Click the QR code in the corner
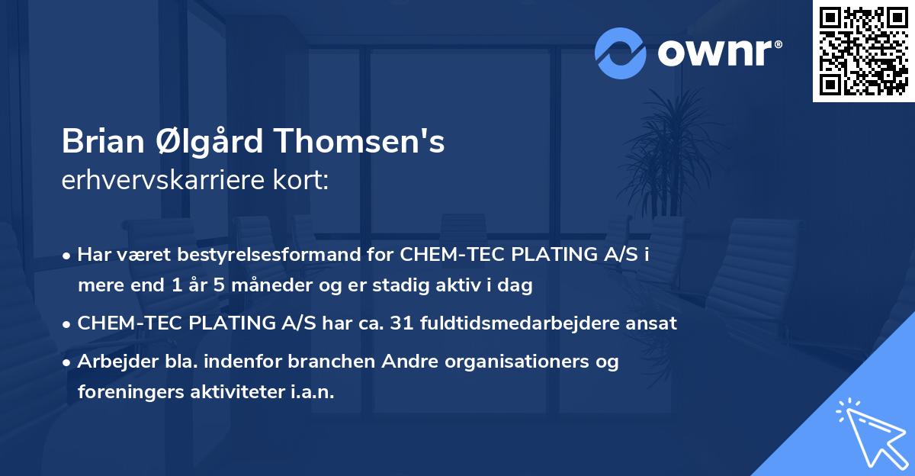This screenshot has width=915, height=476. tap(863, 50)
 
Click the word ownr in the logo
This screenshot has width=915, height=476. tap(718, 53)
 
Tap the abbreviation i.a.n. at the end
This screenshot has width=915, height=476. tap(312, 392)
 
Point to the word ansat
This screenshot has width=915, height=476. tap(654, 323)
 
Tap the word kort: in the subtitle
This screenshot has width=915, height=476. tap(303, 181)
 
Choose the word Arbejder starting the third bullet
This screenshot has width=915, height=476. tap(111, 362)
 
